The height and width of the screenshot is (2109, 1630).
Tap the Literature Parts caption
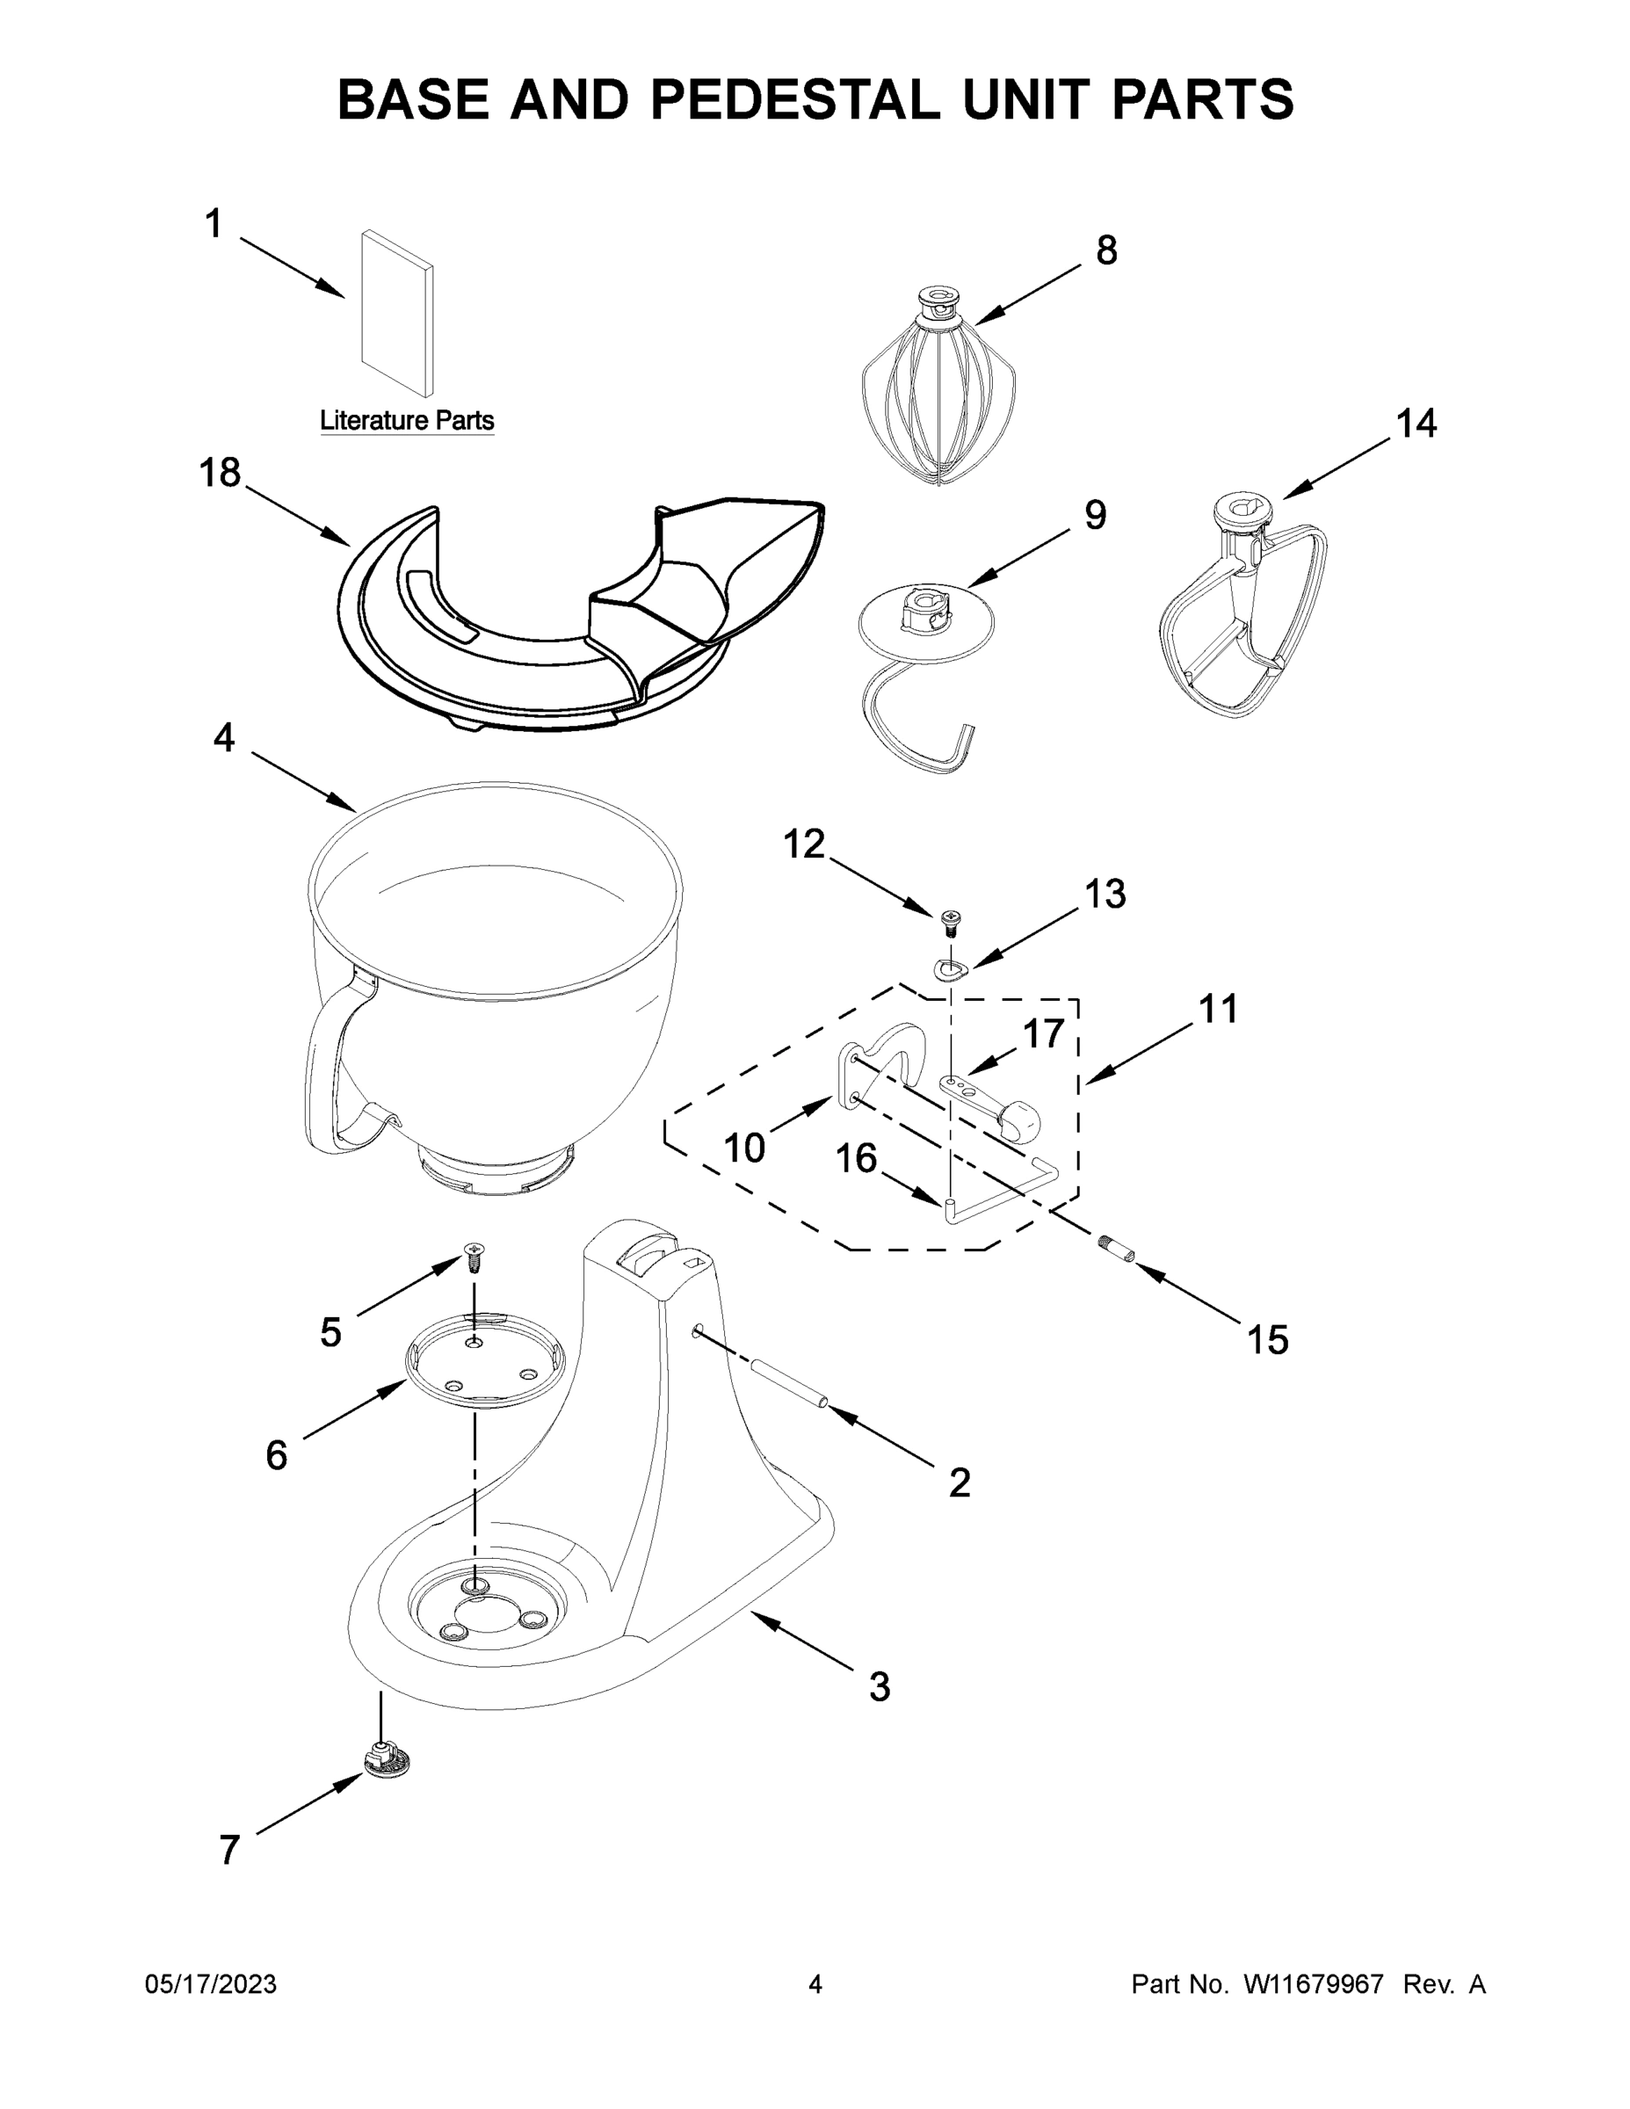tap(407, 421)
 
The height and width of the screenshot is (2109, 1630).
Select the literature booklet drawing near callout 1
tap(397, 313)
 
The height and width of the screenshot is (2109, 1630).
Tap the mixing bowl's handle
tap(329, 1072)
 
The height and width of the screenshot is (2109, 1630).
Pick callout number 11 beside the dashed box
tap(1218, 1009)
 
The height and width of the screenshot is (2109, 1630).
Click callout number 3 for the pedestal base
tap(879, 1686)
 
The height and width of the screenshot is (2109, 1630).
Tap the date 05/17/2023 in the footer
tap(211, 1984)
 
